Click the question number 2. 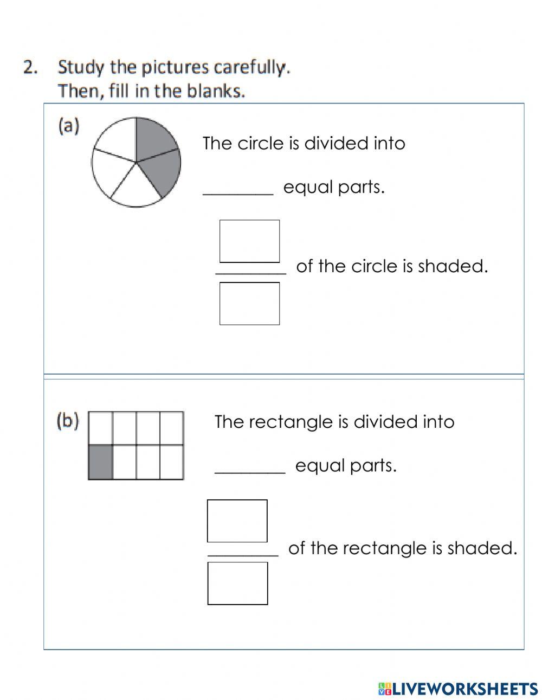pyautogui.click(x=30, y=67)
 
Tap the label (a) pyautogui.click(x=69, y=126)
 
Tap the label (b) pyautogui.click(x=68, y=421)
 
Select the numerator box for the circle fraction pyautogui.click(x=249, y=241)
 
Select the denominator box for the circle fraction pyautogui.click(x=249, y=304)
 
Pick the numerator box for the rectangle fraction pyautogui.click(x=237, y=521)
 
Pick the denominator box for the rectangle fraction pyautogui.click(x=237, y=583)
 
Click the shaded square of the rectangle pyautogui.click(x=101, y=462)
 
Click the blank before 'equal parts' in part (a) pyautogui.click(x=238, y=190)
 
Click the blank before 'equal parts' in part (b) pyautogui.click(x=250, y=468)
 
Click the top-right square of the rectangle pyautogui.click(x=172, y=428)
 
